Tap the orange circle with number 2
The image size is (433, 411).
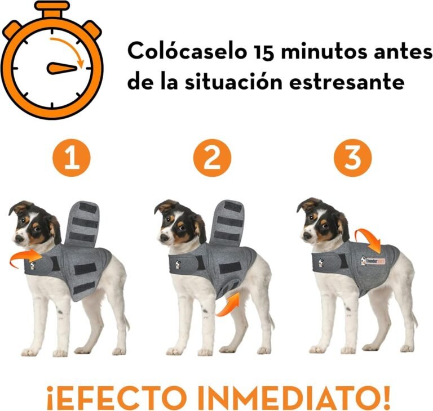click(x=212, y=159)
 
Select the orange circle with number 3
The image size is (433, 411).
click(x=353, y=159)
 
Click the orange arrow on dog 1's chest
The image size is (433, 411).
click(x=26, y=259)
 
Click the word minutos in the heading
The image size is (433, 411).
click(x=333, y=51)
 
